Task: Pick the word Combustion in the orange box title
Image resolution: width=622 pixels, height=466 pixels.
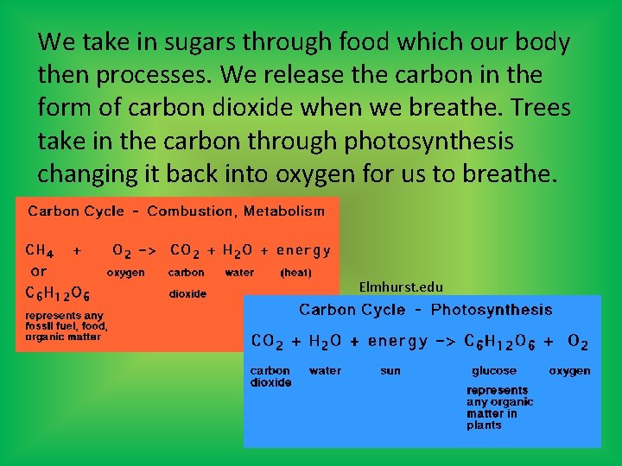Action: (x=191, y=211)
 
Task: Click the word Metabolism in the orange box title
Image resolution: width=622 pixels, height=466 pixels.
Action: (x=284, y=211)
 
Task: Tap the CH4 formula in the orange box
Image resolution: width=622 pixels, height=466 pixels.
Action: (x=41, y=251)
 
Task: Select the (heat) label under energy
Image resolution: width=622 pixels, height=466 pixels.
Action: (x=295, y=272)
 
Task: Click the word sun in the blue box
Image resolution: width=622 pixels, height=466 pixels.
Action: (x=390, y=371)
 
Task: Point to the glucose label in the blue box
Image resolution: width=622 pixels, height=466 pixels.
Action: (x=494, y=371)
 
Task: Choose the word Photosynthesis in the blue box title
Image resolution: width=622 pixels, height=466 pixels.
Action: (x=492, y=310)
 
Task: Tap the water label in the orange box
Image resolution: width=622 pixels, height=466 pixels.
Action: (x=239, y=272)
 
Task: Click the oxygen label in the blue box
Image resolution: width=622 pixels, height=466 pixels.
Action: (x=570, y=371)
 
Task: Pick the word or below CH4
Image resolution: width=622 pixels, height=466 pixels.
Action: (x=38, y=270)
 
